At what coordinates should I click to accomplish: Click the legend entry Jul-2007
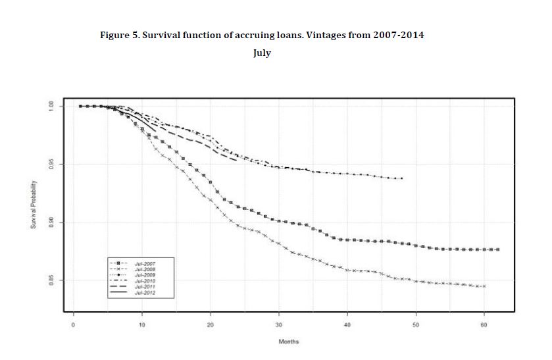point(145,263)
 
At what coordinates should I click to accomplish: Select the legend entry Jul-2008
point(145,269)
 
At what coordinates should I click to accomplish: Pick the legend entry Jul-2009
point(145,274)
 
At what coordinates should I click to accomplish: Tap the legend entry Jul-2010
point(145,280)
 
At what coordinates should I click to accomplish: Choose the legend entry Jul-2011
point(145,286)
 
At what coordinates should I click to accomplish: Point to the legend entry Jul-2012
point(145,292)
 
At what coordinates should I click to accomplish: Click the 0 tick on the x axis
point(74,325)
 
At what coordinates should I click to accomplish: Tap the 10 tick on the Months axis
point(142,325)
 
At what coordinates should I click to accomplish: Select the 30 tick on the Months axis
point(279,325)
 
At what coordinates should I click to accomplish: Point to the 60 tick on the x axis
point(484,325)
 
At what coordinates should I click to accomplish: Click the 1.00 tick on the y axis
point(51,106)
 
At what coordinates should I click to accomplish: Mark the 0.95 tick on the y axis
point(51,164)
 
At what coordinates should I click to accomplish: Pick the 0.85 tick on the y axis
point(51,281)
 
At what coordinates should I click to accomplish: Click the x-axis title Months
point(289,342)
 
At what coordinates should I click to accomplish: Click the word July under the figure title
point(262,53)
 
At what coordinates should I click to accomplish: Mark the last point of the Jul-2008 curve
point(484,286)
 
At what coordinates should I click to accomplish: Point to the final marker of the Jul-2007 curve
point(498,249)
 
